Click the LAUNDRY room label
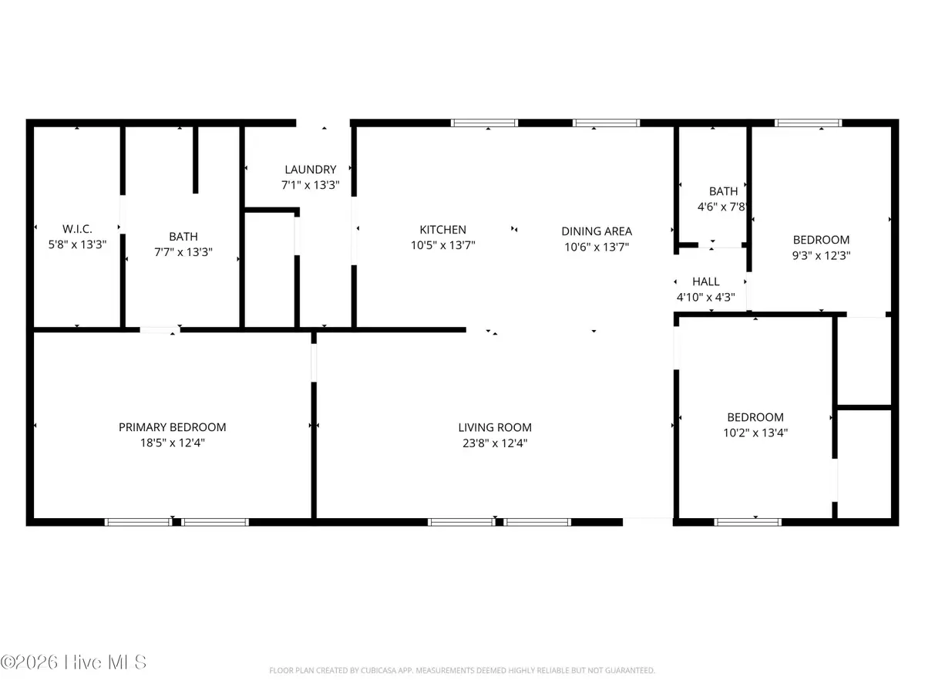(x=311, y=170)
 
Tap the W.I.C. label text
(x=77, y=229)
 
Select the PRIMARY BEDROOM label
(x=172, y=427)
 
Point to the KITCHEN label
(x=442, y=230)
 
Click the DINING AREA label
(x=597, y=231)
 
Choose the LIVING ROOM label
(x=495, y=428)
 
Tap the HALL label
(x=705, y=282)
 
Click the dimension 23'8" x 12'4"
(x=495, y=443)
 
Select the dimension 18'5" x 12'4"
(x=172, y=443)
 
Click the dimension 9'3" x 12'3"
(x=821, y=255)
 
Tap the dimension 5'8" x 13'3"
(x=77, y=244)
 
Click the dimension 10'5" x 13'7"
(x=442, y=245)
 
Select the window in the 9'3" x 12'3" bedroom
(x=808, y=123)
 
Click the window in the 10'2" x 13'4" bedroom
(x=748, y=522)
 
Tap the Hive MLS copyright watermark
(x=74, y=662)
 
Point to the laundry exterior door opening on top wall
(x=324, y=123)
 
